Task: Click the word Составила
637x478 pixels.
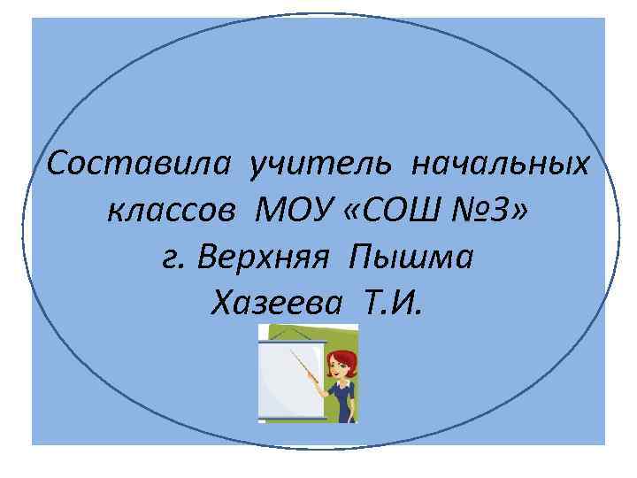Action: [142, 164]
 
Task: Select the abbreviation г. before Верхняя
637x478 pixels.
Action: [174, 258]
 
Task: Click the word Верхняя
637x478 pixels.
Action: [263, 258]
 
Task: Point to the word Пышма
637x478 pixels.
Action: [412, 258]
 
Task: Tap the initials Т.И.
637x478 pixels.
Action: [393, 305]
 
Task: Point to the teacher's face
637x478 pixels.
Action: [339, 366]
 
